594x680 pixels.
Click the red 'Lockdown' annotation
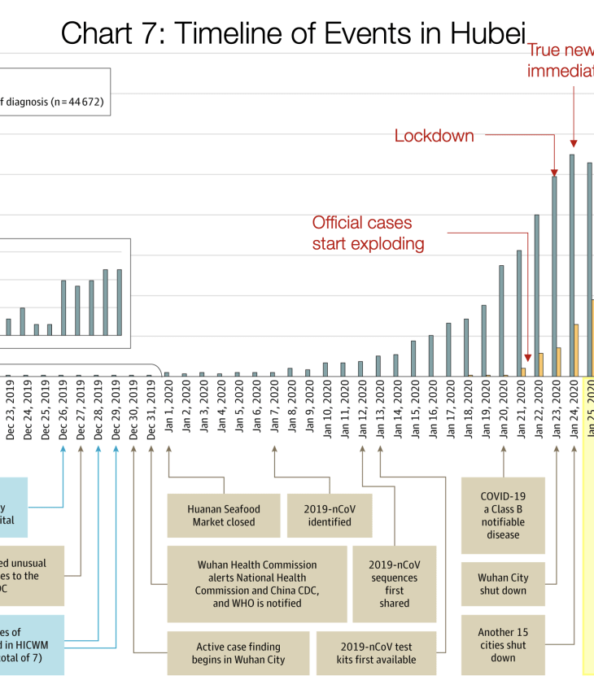[434, 136]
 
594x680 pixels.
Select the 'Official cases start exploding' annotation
[369, 233]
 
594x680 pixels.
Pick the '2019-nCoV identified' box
[330, 516]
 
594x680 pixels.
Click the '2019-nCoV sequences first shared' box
[394, 584]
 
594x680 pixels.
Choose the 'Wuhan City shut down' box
[503, 584]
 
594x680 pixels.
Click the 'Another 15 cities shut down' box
[503, 645]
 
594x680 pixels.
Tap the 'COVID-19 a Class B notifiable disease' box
[503, 515]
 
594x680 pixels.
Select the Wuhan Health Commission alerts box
[257, 584]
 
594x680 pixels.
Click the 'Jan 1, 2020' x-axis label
[168, 409]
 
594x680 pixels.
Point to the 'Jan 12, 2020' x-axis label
[362, 409]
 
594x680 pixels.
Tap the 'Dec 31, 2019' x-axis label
[151, 409]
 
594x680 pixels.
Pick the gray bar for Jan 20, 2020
[501, 320]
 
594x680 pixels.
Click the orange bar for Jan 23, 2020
[559, 362]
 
